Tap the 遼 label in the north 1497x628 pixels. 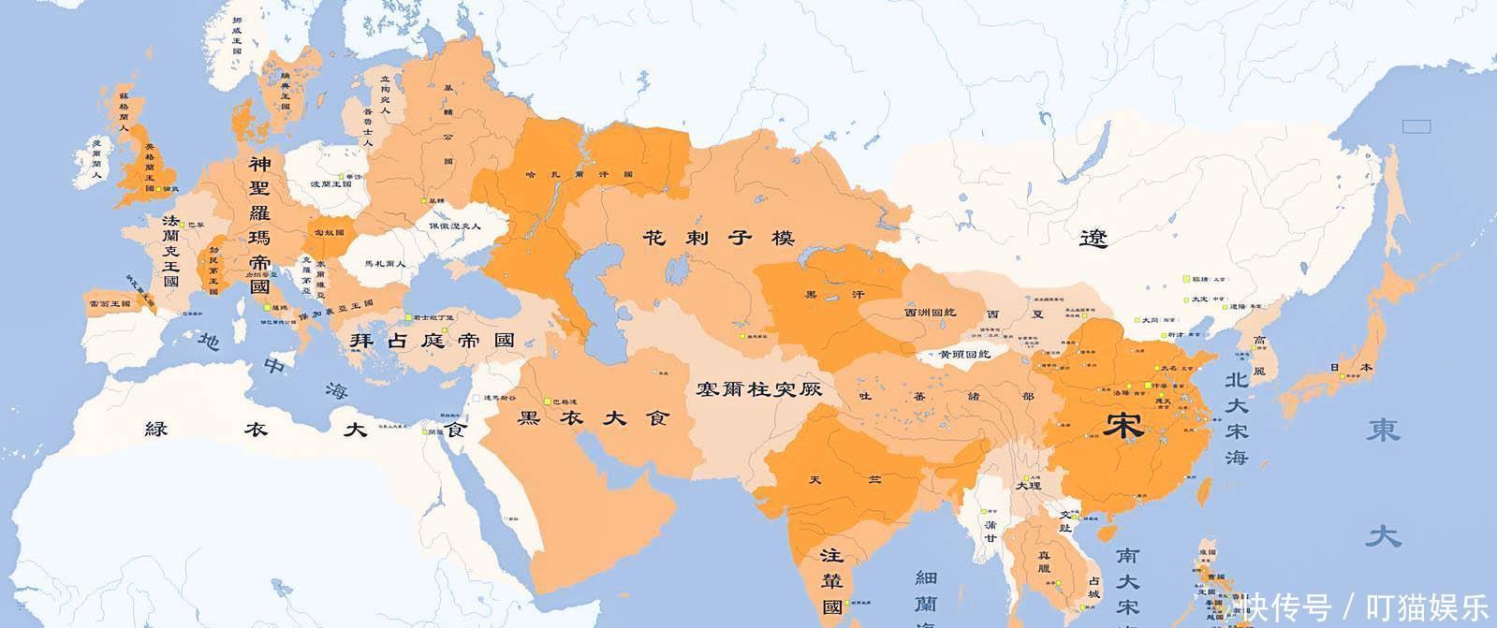click(1092, 240)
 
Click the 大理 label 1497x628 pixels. click(1027, 487)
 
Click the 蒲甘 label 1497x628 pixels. click(991, 531)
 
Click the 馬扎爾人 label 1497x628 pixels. click(385, 264)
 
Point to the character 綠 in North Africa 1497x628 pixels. click(155, 430)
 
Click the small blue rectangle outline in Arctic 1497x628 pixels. click(1416, 125)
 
